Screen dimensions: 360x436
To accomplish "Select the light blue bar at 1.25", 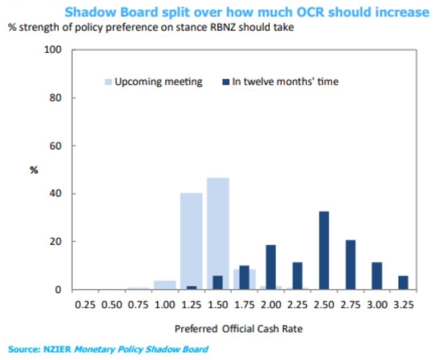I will point(191,241).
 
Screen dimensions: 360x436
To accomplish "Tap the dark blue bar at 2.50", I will point(324,250).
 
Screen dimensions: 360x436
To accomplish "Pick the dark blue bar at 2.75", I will point(350,264).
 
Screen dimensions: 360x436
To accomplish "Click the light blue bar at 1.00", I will point(164,285).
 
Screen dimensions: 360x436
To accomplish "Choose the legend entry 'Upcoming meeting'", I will point(158,82).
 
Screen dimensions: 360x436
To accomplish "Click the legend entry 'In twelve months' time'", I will point(285,82).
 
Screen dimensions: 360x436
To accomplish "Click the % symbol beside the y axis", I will point(34,170).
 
